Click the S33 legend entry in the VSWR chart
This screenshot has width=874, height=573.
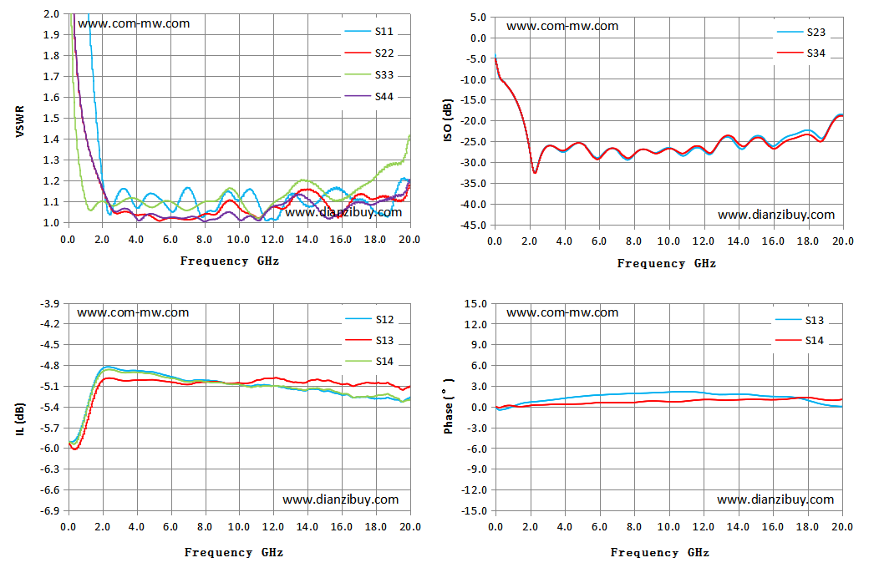coord(369,74)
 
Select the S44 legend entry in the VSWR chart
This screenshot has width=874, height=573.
coord(369,96)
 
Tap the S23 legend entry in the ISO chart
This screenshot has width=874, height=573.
coord(801,33)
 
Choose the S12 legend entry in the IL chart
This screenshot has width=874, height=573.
coord(369,319)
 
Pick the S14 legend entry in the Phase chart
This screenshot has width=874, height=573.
coord(800,341)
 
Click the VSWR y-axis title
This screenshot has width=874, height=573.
coord(20,121)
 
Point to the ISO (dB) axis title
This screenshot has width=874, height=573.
coord(448,120)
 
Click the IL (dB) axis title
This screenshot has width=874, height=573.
coord(20,418)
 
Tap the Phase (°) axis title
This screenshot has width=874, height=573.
coord(448,406)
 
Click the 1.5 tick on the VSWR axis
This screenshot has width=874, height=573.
coord(51,118)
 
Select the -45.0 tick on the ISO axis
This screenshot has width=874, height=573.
coord(475,226)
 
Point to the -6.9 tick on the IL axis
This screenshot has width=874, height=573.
coord(50,510)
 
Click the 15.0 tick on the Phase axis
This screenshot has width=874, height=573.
coord(475,304)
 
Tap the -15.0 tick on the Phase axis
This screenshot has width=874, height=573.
coord(475,510)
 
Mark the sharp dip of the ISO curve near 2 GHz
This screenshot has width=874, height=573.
coord(535,173)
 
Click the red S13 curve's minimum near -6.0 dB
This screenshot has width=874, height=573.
coord(74,449)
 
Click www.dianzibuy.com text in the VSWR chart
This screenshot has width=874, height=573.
coord(343,212)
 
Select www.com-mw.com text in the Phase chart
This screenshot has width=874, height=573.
coord(562,312)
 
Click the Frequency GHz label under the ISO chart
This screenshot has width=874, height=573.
coord(667,264)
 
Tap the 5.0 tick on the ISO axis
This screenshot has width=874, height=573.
coord(478,18)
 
